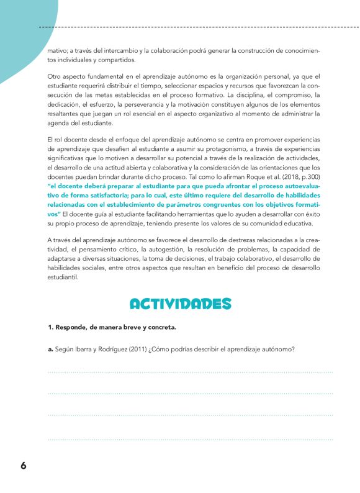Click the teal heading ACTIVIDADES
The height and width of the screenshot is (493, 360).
pos(180,303)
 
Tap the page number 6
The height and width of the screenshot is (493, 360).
pos(24,466)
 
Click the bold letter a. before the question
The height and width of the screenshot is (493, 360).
pos(50,349)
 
